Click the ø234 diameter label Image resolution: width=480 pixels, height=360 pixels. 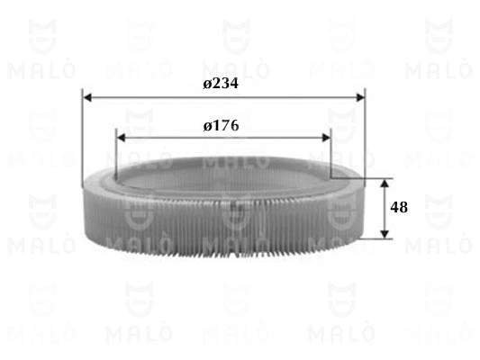point(221,84)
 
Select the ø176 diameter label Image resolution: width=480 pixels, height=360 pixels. point(221,126)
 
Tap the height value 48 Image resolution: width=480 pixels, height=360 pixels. point(399,207)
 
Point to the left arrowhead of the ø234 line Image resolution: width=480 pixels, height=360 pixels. point(87,96)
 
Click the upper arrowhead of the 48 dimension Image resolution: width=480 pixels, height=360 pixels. point(385,184)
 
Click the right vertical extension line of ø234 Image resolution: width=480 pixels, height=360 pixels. point(365,135)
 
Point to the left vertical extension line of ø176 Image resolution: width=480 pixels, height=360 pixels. point(116,148)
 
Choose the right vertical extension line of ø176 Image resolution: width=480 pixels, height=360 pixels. point(331,153)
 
